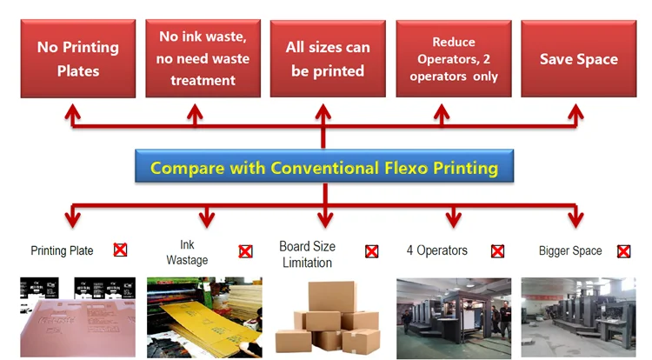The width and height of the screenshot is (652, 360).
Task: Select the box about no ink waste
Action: coord(203,59)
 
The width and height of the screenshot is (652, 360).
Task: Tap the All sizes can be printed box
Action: coord(328,59)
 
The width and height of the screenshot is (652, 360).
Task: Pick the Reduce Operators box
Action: coord(453,59)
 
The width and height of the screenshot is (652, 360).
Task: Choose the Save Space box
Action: coord(578,59)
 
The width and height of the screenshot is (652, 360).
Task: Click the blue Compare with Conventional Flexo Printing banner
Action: coord(323,167)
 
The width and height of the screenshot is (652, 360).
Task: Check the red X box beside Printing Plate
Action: coord(120,250)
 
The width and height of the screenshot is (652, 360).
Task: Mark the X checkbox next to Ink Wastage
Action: coord(246,251)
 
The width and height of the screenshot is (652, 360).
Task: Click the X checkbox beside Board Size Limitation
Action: coord(371,251)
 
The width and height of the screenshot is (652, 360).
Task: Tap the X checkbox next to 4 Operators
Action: coord(497,251)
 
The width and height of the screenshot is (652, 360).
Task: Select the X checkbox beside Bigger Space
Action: coord(623,251)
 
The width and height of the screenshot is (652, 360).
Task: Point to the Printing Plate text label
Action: coord(61,251)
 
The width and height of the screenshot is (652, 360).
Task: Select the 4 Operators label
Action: coord(436,250)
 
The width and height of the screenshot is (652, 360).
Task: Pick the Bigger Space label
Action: coord(570,251)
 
